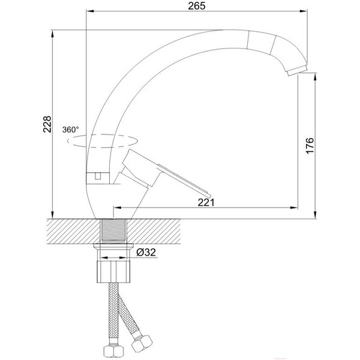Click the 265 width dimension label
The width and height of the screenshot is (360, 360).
click(x=197, y=6)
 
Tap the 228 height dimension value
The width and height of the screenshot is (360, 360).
click(x=47, y=124)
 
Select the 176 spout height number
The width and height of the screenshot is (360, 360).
click(x=310, y=146)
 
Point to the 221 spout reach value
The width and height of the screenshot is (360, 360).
click(x=206, y=202)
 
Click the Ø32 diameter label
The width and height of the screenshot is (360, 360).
click(x=146, y=253)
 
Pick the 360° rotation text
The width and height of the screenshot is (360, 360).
click(x=70, y=130)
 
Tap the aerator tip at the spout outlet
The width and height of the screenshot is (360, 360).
click(x=298, y=70)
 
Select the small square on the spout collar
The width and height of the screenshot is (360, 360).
click(x=98, y=176)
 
